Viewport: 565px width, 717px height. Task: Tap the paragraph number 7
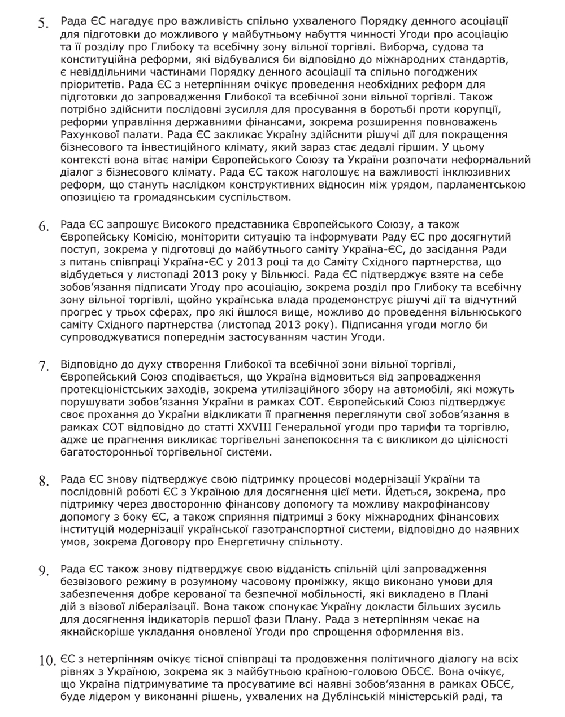(x=44, y=366)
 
